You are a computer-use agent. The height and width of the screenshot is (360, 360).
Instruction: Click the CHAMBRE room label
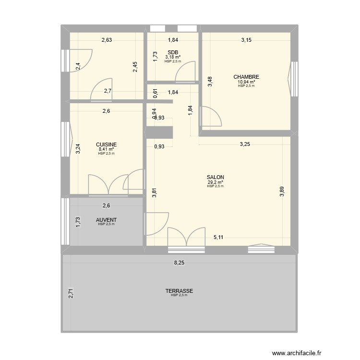246,77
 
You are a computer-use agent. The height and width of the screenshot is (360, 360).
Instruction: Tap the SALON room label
216,177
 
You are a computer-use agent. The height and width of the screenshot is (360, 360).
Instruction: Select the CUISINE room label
107,144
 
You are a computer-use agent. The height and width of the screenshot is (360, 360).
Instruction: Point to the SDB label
173,52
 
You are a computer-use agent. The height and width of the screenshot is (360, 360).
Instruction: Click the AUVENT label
107,220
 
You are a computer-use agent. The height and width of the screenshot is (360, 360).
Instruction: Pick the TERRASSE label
179,291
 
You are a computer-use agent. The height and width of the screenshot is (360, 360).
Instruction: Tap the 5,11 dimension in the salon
218,237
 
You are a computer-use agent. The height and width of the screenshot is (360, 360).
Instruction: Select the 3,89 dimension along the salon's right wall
282,192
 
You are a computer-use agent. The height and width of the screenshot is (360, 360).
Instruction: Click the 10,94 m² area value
246,82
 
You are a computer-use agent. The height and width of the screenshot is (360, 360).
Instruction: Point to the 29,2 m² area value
216,182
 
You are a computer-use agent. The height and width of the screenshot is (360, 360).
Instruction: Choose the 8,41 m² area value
107,149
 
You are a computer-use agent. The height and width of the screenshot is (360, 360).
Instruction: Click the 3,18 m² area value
173,57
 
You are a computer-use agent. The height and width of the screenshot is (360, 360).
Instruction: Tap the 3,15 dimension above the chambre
246,40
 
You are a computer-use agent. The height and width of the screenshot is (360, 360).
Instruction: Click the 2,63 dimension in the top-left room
107,40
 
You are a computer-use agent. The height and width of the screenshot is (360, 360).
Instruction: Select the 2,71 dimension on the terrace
71,293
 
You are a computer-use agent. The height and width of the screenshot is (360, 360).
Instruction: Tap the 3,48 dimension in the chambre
210,82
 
